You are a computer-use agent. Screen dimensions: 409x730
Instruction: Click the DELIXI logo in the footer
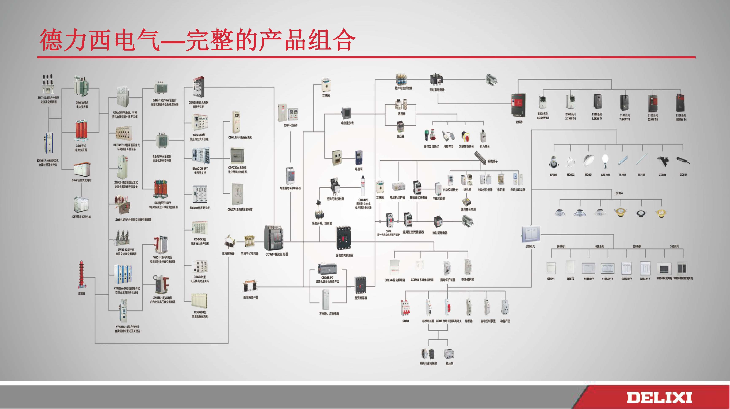659,397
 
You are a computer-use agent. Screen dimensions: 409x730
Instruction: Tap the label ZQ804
683,175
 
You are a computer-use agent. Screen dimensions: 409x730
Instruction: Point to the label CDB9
406,321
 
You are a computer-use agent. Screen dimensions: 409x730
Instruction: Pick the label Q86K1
551,279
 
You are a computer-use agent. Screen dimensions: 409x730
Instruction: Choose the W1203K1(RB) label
664,279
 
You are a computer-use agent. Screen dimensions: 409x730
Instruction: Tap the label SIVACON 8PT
200,169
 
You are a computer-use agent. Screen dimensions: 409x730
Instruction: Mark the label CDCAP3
363,200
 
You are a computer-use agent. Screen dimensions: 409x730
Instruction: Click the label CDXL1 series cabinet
240,138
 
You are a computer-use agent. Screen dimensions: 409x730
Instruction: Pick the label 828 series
637,247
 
